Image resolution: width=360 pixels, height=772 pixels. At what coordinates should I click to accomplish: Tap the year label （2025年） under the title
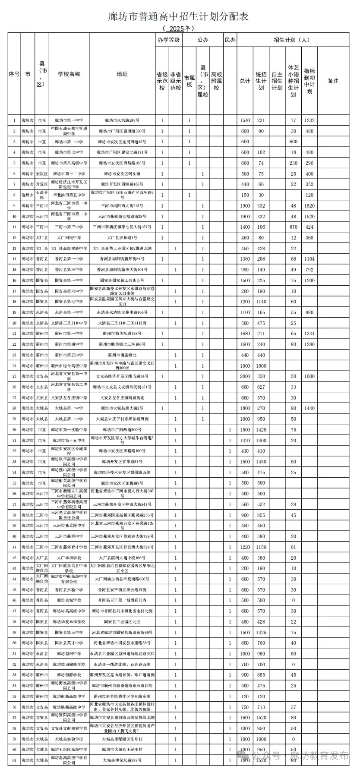coord(178,28)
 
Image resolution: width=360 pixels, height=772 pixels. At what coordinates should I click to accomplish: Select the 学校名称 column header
coord(69,74)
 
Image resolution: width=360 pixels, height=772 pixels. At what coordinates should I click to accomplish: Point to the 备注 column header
coord(333,81)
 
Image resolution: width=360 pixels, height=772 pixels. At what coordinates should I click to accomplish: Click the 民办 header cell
coord(230,40)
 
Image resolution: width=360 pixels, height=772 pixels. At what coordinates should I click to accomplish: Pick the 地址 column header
coord(122,74)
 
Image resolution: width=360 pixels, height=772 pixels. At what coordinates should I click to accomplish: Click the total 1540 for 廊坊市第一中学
coord(245,120)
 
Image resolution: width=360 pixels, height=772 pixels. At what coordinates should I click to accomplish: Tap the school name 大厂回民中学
coord(69,238)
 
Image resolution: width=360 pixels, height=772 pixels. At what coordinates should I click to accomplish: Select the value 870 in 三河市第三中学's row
coord(294,227)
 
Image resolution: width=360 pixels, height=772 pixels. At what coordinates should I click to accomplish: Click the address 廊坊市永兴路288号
coord(122,120)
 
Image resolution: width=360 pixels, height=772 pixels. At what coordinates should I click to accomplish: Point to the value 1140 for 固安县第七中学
coord(261,302)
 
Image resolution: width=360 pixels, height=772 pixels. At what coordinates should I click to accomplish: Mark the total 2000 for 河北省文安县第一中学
coord(245,376)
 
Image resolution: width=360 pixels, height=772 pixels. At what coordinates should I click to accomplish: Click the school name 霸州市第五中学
coord(69,355)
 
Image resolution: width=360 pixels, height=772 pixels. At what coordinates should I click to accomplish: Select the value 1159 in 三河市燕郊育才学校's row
coord(261,547)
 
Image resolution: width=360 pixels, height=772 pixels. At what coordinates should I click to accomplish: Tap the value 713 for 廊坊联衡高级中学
coord(261,707)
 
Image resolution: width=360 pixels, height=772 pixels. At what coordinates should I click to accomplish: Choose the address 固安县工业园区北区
coord(122,622)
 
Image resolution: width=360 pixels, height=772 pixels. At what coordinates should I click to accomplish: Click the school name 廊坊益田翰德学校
coord(69,665)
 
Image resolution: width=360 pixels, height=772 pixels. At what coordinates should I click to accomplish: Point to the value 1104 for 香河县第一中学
coord(309,259)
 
